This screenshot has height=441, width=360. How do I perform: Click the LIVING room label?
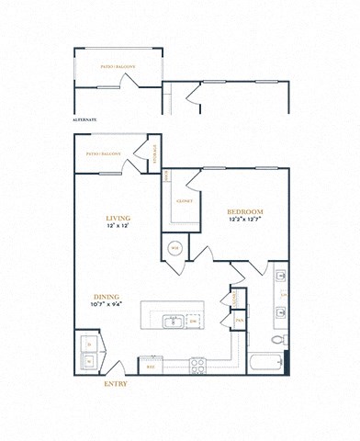click(118, 217)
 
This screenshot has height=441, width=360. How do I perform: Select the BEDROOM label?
click(245, 211)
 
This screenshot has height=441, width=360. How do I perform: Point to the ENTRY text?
click(115, 384)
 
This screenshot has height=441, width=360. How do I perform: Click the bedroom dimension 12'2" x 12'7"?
click(245, 220)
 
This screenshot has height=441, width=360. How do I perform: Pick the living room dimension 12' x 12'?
click(118, 226)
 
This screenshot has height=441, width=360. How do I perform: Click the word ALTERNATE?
click(85, 119)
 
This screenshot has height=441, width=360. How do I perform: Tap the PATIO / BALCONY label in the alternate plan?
click(117, 65)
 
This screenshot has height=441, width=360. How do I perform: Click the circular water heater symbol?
click(174, 248)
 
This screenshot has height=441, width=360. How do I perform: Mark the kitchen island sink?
click(171, 321)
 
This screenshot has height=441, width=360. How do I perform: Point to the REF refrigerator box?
click(152, 366)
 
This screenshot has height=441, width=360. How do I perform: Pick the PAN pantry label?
click(238, 320)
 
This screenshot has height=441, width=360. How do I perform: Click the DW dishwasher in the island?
click(193, 321)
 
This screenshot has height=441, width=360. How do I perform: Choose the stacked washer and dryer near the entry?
click(88, 352)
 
